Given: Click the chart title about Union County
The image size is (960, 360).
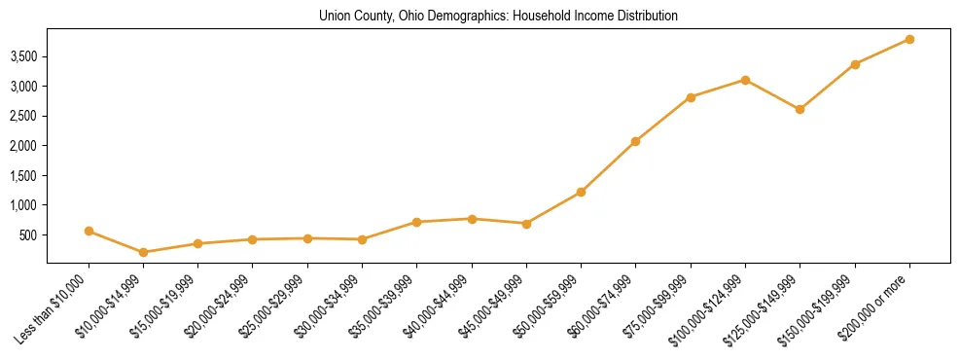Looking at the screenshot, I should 498,17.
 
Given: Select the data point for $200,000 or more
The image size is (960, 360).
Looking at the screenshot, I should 909,39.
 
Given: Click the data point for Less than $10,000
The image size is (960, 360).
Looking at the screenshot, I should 89,231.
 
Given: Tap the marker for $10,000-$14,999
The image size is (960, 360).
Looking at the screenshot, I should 144,252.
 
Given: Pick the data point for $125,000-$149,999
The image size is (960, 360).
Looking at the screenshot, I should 800,109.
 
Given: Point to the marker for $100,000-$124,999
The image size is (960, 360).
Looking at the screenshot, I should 745,80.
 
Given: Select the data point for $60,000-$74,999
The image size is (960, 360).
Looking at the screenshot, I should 635,141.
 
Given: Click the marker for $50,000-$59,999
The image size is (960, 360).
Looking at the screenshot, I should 581,192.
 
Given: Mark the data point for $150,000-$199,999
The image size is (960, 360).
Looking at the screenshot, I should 855,64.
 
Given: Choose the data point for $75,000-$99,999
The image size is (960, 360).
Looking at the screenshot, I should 691,97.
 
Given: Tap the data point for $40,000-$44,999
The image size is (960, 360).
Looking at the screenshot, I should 472,219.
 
